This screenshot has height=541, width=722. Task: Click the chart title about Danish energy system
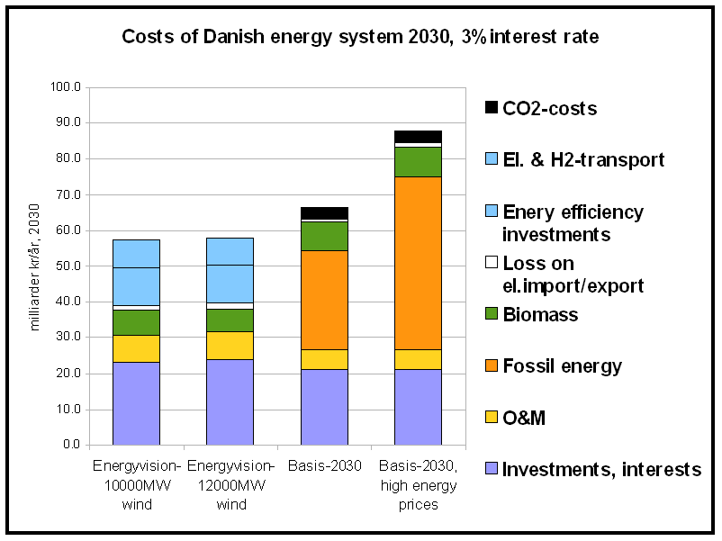(360, 38)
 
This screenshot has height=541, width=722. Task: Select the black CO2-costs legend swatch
(492, 108)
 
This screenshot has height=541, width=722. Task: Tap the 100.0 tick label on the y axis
(67, 87)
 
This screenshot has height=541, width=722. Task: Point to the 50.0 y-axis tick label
(69, 266)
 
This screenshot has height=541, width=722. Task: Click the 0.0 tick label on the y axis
(73, 445)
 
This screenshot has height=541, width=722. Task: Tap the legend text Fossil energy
(562, 366)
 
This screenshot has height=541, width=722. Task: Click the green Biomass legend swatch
(492, 315)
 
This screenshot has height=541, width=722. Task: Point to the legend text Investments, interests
(601, 469)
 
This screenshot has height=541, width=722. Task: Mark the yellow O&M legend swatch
(492, 417)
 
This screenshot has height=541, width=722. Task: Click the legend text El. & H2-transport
(583, 159)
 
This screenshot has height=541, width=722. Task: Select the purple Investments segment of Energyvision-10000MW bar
(136, 403)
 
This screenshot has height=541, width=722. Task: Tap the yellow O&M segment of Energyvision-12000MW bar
(230, 345)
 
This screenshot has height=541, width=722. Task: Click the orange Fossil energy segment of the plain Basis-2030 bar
(324, 300)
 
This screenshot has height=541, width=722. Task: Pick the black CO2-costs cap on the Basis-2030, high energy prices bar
(418, 136)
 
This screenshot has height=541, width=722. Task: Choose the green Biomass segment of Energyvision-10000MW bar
(136, 322)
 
